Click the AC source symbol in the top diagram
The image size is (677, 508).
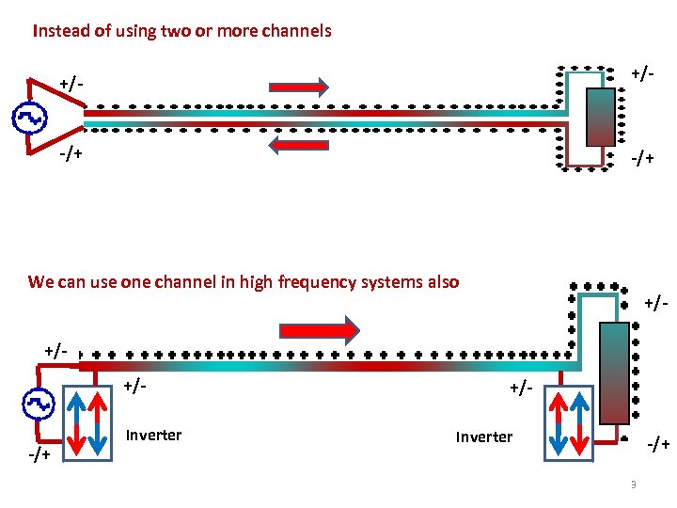pos(29,118)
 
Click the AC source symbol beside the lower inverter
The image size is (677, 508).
pos(39,405)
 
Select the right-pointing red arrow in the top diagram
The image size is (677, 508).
pos(299,87)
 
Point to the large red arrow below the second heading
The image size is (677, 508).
pos(319,329)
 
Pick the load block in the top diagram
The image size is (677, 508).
pos(601,117)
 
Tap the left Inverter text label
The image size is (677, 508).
pos(153,435)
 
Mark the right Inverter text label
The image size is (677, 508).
pos(483,437)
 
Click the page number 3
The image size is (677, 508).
pos(633,484)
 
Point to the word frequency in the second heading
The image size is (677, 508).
pos(312,281)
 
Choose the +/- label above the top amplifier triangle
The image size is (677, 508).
pos(70,84)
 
